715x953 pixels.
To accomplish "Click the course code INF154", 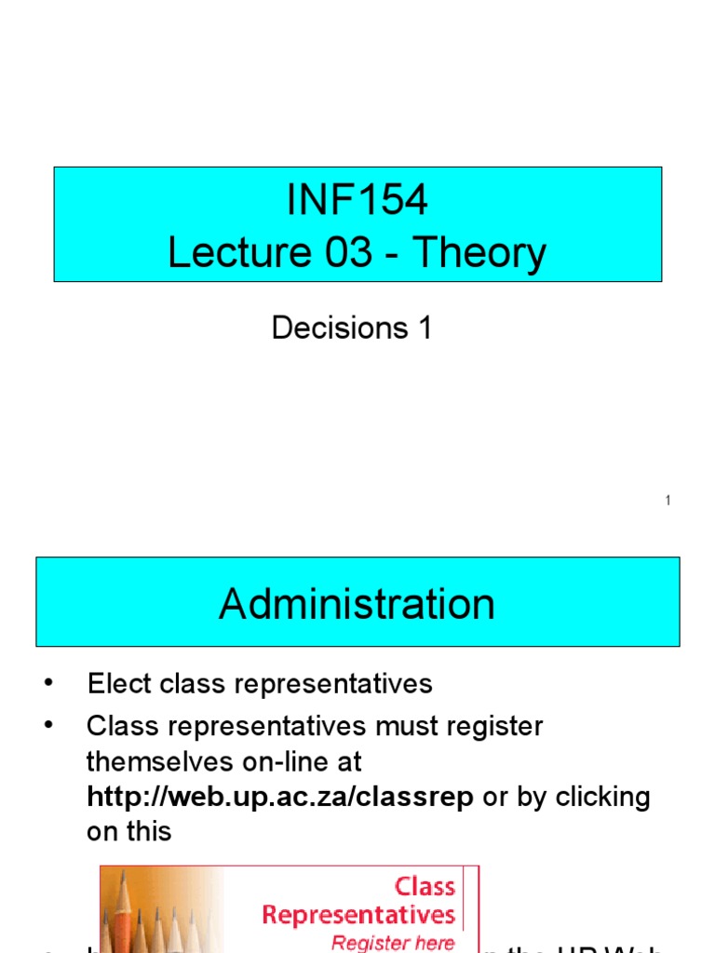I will [x=357, y=200].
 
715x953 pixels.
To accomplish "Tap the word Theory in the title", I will [x=479, y=253].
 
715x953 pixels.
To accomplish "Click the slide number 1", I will [x=668, y=502].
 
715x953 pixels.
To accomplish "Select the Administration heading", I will [x=357, y=604].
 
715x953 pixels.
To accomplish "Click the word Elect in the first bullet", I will [x=118, y=684].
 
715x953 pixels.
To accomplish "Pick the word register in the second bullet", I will [x=492, y=726].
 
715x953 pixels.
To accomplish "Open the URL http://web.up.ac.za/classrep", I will [x=280, y=797].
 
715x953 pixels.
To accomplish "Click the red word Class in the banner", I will [x=425, y=887].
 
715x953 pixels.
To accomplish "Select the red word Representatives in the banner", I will [x=358, y=915].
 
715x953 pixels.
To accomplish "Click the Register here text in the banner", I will [x=393, y=942].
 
